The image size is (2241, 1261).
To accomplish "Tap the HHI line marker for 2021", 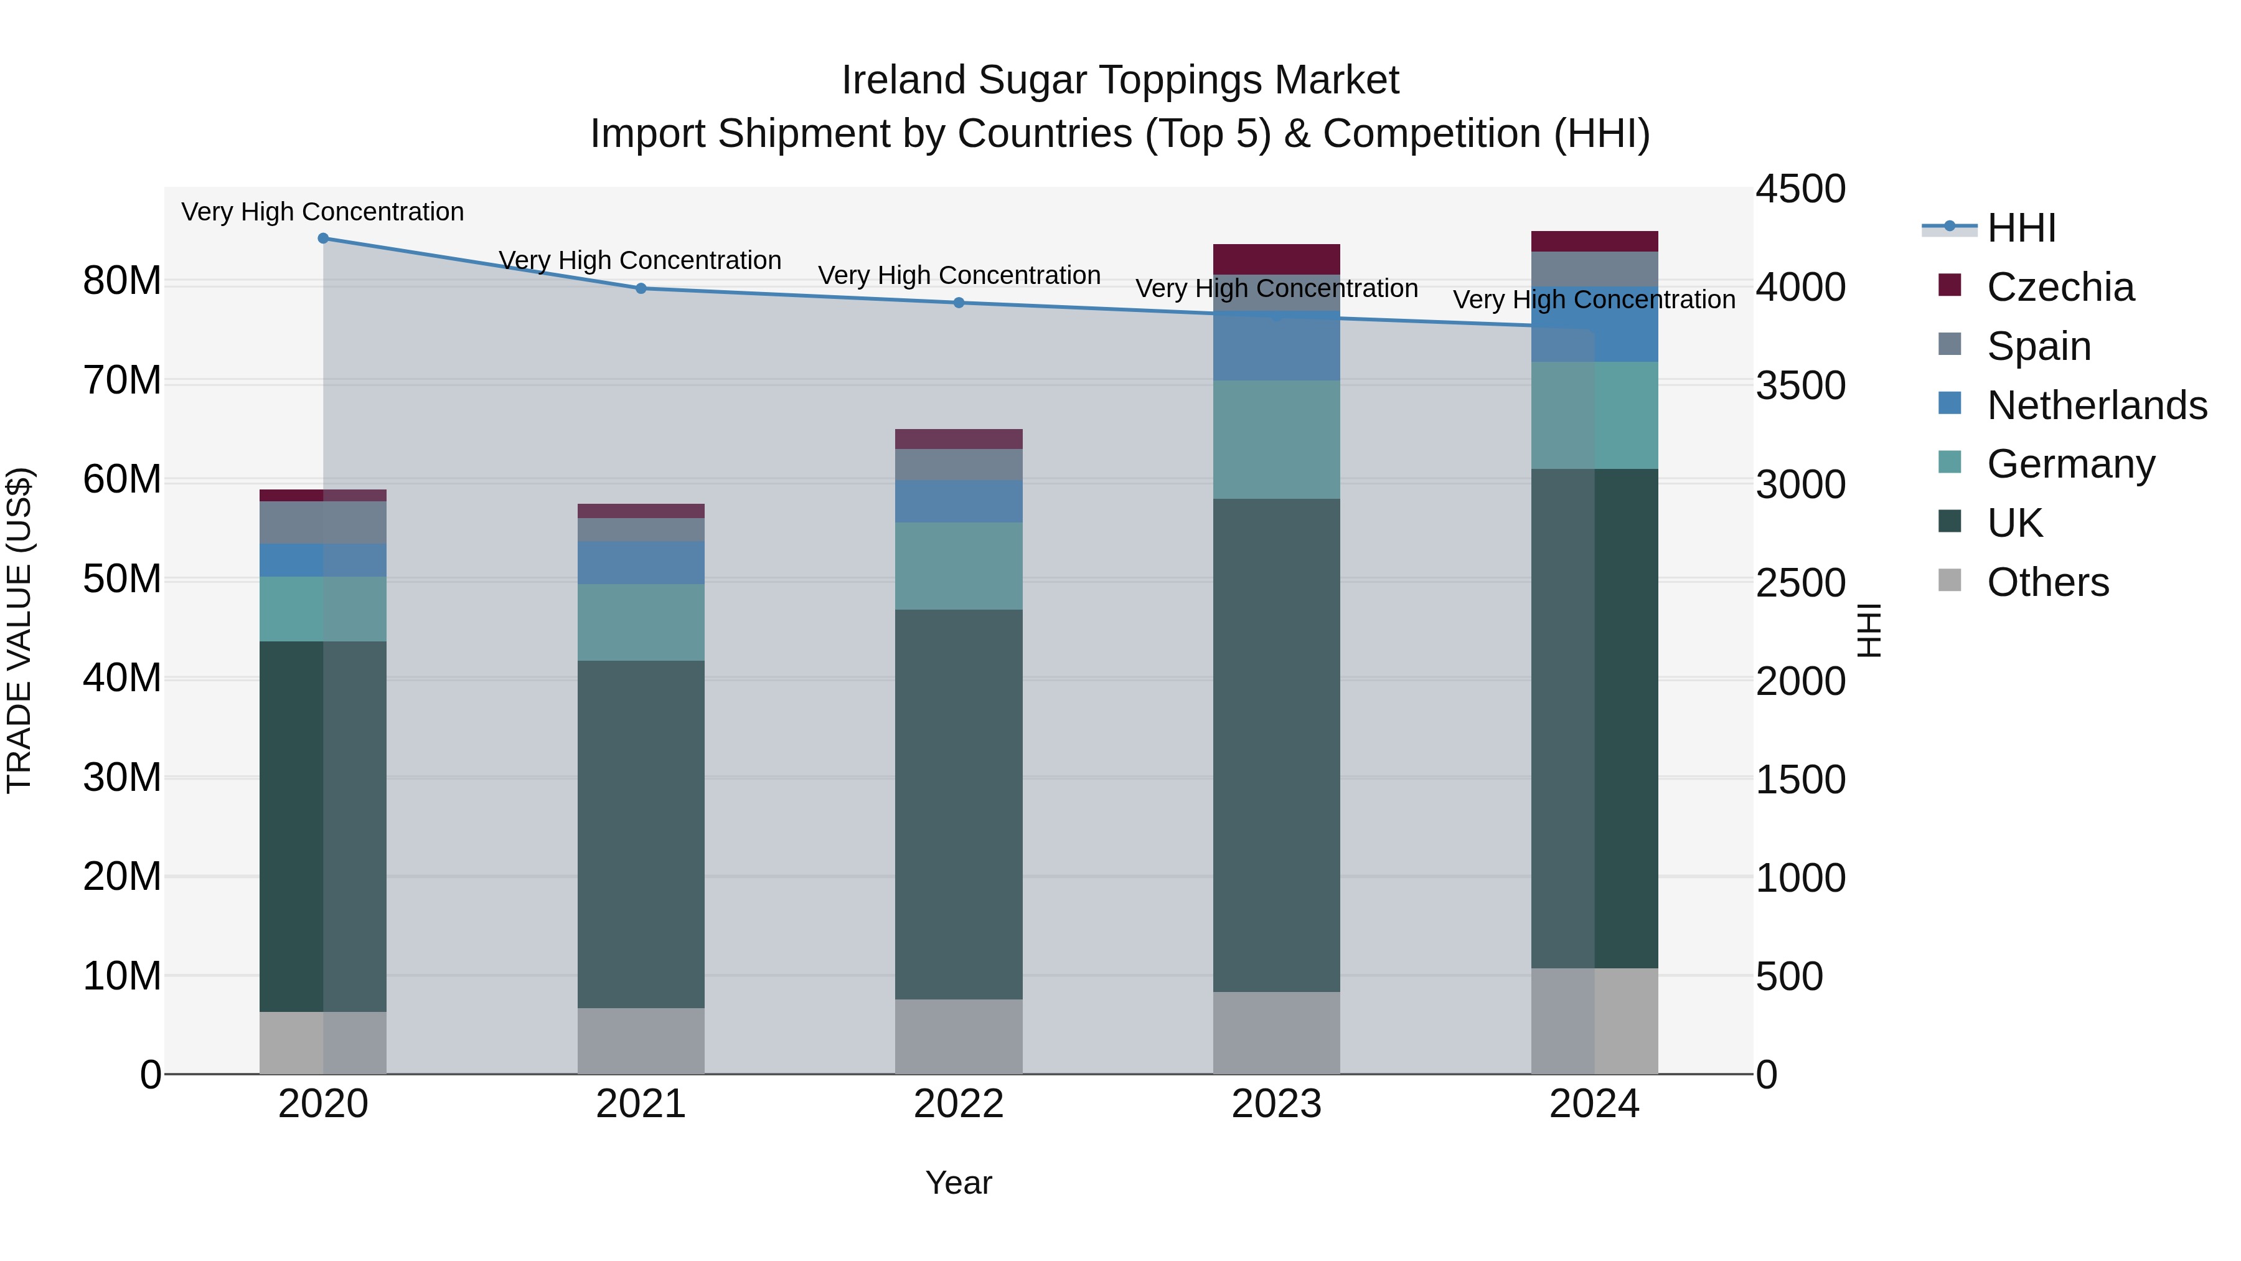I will pos(641,288).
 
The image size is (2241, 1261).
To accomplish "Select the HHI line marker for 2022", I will pos(959,303).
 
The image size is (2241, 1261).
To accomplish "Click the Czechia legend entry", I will pos(2059,287).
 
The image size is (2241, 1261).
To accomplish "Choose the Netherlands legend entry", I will pos(2096,405).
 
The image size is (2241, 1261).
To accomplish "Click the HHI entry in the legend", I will pos(2021,228).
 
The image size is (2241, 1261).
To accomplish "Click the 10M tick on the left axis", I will pos(122,976).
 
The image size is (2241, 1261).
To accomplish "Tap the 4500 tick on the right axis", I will pos(1800,189).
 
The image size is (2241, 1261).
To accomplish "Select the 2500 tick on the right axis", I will pos(1800,582).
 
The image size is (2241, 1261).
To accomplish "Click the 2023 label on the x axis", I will pos(1276,1104).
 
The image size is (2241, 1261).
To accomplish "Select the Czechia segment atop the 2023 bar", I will pos(1276,259).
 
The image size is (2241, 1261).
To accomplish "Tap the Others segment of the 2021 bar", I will pos(641,1041).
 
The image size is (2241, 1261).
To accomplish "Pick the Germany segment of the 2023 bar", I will pos(1276,440).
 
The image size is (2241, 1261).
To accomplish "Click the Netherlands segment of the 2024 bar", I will pos(1595,324).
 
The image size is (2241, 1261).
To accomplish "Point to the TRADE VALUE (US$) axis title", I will pos(19,630).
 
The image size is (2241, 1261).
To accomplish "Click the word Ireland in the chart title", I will pos(904,80).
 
